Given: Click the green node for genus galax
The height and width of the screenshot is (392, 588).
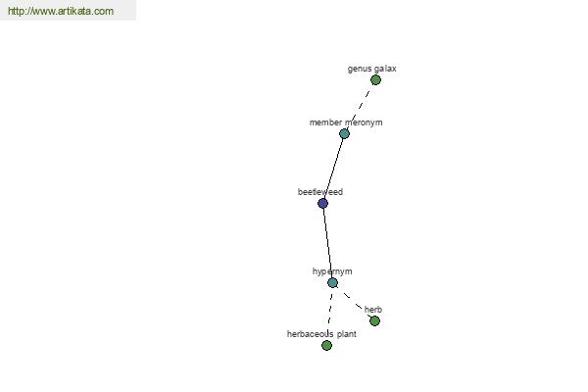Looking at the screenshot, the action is (x=375, y=80).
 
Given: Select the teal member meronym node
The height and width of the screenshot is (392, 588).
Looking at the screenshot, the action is (x=344, y=133).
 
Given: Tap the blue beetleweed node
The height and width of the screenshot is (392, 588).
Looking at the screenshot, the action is (x=322, y=203).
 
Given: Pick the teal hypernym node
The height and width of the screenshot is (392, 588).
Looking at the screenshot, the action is (x=332, y=283).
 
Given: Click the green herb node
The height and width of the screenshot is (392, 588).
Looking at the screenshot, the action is (x=374, y=321).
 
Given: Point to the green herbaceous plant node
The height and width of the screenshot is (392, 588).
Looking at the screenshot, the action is (x=326, y=346).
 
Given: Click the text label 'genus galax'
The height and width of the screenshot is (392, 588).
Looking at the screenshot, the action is (x=371, y=69).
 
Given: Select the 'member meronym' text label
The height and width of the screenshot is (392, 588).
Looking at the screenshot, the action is (x=346, y=122).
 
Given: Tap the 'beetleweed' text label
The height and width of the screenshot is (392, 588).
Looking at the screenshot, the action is (x=320, y=192).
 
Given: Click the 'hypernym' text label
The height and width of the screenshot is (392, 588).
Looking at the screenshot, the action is (x=332, y=271).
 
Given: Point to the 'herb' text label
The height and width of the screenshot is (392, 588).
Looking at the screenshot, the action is (x=373, y=310).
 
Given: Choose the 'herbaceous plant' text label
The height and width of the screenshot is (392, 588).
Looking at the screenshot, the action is (x=321, y=334).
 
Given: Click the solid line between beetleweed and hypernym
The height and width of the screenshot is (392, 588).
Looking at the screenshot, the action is (x=327, y=243).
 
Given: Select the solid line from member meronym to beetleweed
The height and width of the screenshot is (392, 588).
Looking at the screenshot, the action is (x=334, y=169).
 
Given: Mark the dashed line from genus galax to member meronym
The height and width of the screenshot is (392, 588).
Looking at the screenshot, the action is (x=360, y=107).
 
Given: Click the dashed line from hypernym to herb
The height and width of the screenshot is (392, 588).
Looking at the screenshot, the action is (x=354, y=302).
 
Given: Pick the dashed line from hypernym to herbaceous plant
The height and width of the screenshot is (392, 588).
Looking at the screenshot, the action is (x=329, y=314).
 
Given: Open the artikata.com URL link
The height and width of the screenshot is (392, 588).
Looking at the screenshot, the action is (x=61, y=11).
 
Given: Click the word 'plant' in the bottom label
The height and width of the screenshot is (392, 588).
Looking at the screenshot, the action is (x=346, y=334).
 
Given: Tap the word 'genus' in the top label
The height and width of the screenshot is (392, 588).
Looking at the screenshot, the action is (x=359, y=69).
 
